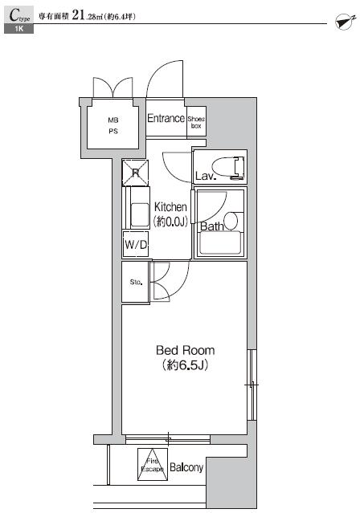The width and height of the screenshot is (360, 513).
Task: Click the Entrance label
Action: (166, 118)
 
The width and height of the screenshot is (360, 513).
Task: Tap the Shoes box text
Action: (196, 122)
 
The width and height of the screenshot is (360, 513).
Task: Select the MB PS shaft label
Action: (113, 125)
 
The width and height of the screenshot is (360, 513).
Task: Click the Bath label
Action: (211, 226)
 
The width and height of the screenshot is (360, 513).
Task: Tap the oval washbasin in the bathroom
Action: (230, 220)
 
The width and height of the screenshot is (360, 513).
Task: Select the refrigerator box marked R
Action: (135, 172)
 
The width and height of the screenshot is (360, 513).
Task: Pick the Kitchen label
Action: (170, 207)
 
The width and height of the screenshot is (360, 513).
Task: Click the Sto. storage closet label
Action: (135, 282)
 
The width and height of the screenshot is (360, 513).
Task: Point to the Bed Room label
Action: (185, 351)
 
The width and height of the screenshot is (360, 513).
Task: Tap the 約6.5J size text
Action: (185, 367)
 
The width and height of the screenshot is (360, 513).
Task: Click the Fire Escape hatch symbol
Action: (153, 465)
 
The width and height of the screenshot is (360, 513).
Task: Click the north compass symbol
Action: (343, 22)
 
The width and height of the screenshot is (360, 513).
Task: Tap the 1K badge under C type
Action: (18, 29)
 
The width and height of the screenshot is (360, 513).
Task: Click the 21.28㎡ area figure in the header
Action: (86, 15)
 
